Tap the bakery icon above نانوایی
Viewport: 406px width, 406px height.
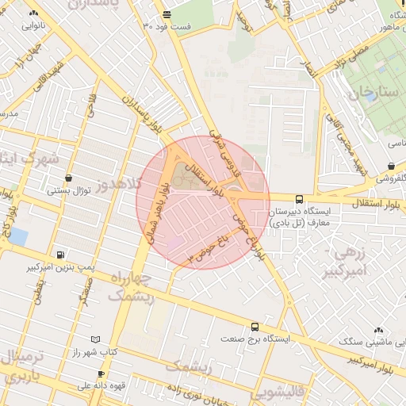pyautogui.click(x=33, y=13)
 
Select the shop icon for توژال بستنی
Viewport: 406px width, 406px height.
pyautogui.click(x=68, y=178)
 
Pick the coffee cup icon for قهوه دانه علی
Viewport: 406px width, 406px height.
pyautogui.click(x=101, y=374)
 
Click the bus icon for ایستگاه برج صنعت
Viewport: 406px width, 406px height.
pyautogui.click(x=255, y=326)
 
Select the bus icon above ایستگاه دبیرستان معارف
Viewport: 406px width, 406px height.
pyautogui.click(x=299, y=199)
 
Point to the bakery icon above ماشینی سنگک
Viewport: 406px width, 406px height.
pyautogui.click(x=377, y=330)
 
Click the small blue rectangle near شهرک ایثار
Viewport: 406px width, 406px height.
pyautogui.click(x=17, y=236)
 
